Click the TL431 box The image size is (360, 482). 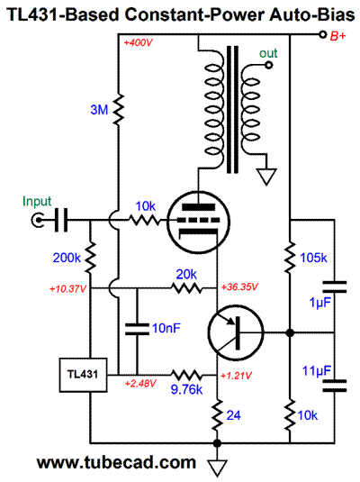pyautogui.click(x=83, y=375)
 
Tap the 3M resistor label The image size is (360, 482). pyautogui.click(x=99, y=110)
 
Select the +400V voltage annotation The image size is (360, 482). pyautogui.click(x=139, y=42)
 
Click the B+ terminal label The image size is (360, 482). pyautogui.click(x=337, y=36)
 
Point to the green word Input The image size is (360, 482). pyautogui.click(x=37, y=202)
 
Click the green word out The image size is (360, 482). pyautogui.click(x=268, y=53)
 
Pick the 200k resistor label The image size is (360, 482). pyautogui.click(x=67, y=258)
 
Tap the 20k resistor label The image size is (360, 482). pyautogui.click(x=186, y=274)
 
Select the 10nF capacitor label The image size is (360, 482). pyautogui.click(x=166, y=328)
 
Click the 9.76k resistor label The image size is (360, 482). pyautogui.click(x=187, y=389)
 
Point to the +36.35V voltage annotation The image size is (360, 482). pyautogui.click(x=239, y=287)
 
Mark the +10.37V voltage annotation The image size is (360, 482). pyautogui.click(x=67, y=289)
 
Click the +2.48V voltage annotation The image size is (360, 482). pyautogui.click(x=140, y=383)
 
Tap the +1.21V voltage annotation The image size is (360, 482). pyautogui.click(x=236, y=376)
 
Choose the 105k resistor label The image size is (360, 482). pyautogui.click(x=313, y=258)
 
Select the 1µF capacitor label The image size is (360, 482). pyautogui.click(x=320, y=303)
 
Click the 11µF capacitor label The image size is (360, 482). pyautogui.click(x=317, y=371)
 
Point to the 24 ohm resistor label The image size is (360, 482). pyautogui.click(x=233, y=415)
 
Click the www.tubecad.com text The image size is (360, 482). pyautogui.click(x=116, y=462)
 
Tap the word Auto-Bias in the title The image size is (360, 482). pyautogui.click(x=312, y=14)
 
